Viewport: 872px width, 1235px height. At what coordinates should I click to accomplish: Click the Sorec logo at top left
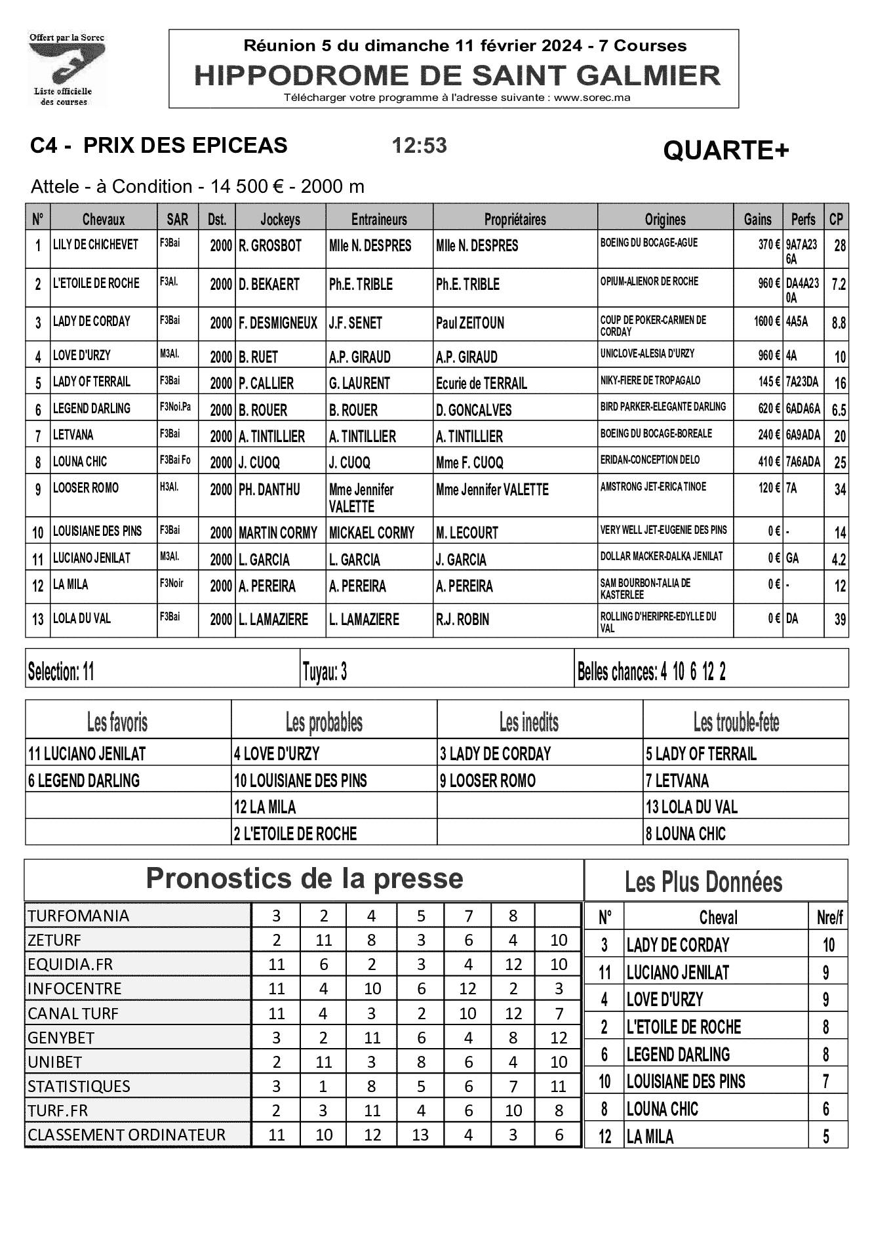[66, 69]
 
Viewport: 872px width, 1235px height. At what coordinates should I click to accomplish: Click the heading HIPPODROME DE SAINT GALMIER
[457, 75]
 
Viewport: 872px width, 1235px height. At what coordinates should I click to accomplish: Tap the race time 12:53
[419, 145]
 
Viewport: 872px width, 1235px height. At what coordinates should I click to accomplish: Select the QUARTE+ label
[726, 151]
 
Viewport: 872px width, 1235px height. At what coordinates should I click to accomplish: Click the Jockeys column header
[280, 219]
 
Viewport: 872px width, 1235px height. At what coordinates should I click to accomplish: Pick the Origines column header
[665, 219]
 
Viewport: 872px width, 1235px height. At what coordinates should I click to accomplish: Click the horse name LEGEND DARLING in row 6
[92, 408]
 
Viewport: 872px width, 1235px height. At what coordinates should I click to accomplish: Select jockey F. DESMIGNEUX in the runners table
[278, 323]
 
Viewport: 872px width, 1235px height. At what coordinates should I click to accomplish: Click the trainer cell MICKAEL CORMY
[372, 533]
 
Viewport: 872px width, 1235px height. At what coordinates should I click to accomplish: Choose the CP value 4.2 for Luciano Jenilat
[838, 559]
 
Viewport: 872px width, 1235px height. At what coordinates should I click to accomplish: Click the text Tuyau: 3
[325, 672]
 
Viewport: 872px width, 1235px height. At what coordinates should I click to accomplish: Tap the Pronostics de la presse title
[304, 879]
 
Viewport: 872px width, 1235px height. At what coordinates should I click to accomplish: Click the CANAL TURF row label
[73, 1013]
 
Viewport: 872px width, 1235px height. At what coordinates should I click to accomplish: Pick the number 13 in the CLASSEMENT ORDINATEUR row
[420, 1135]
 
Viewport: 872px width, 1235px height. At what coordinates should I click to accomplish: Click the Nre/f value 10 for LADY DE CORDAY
[829, 945]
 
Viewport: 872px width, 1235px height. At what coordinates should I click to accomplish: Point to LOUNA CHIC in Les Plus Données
[662, 1109]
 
